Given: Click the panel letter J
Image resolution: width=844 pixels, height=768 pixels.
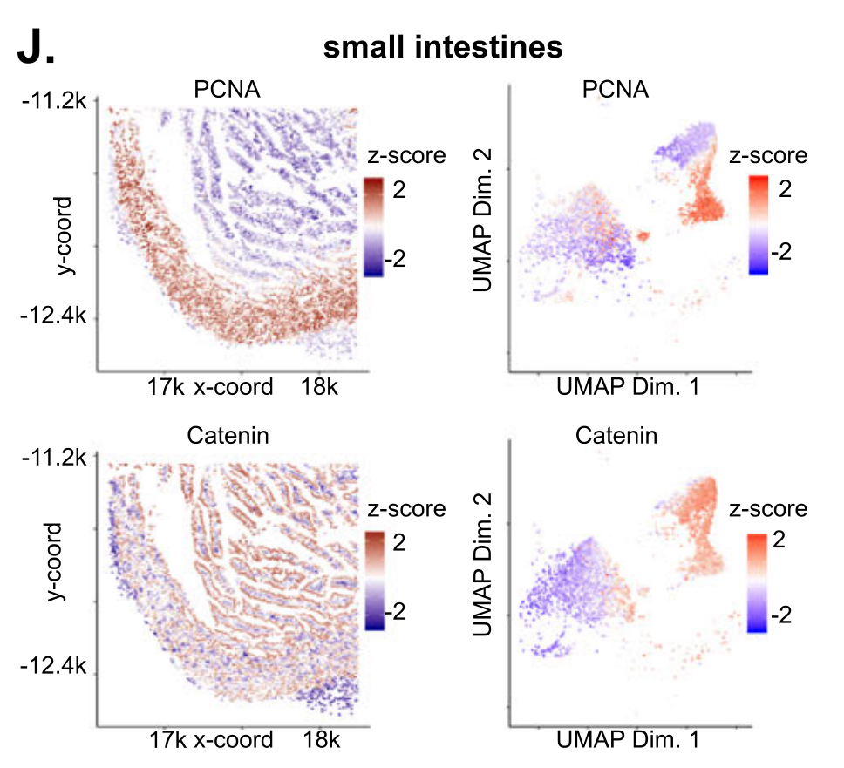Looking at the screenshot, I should point(36,48).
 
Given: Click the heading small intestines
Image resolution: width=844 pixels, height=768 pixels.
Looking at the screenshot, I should point(443,47).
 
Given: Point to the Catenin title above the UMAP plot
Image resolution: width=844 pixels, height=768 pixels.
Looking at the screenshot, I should point(616,436).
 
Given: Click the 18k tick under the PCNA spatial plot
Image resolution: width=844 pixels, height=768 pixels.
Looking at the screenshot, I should point(320,386).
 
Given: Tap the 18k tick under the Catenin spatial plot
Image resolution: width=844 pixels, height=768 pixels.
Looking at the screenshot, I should point(320,740).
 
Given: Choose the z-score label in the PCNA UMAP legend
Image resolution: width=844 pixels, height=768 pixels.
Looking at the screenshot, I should point(768,156).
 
